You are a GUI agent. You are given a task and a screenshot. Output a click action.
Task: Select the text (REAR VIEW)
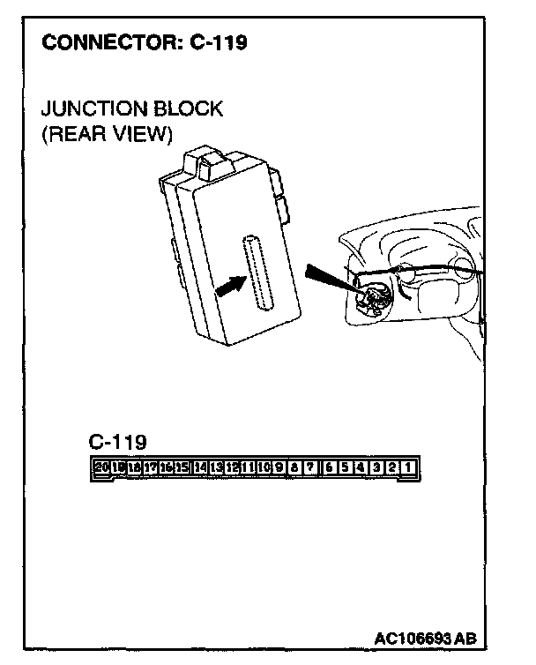[x=107, y=135]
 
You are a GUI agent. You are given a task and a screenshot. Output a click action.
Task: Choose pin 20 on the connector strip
[x=100, y=466]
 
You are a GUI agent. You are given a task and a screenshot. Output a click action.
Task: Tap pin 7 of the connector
[x=309, y=466]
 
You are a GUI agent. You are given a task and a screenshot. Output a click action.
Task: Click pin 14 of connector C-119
[x=200, y=466]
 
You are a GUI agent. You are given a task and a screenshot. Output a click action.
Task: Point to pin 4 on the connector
[x=361, y=466]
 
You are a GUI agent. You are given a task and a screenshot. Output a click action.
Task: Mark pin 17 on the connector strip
[x=151, y=466]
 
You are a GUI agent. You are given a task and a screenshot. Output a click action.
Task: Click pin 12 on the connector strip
[x=231, y=466]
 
